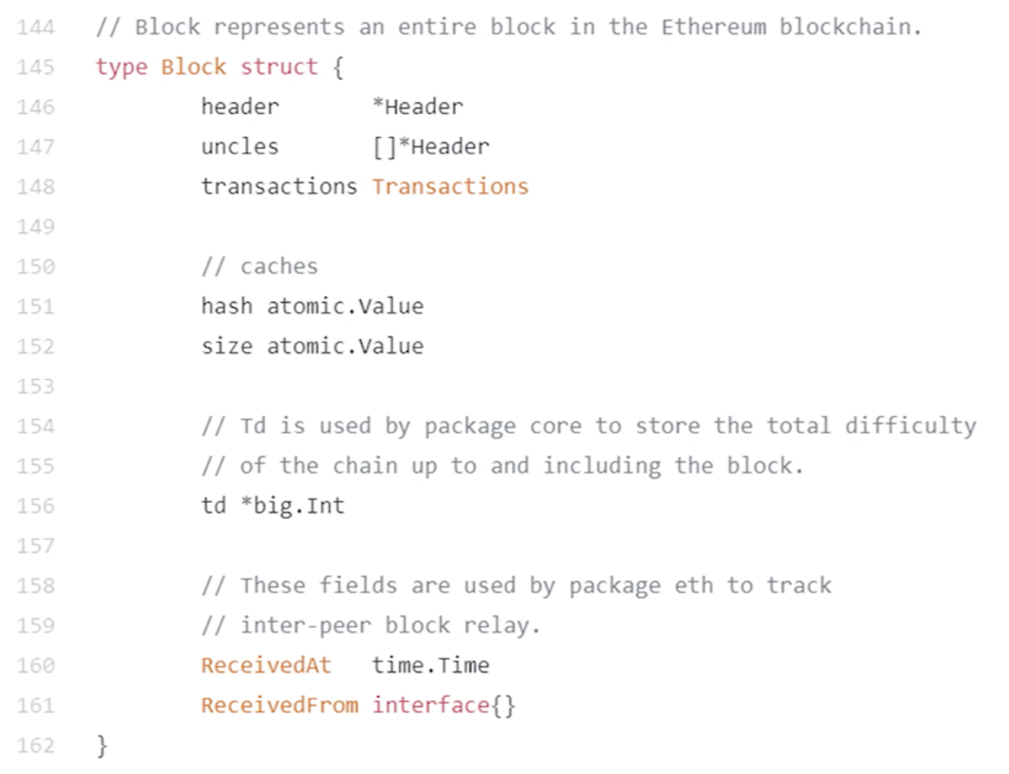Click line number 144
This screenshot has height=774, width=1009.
click(x=36, y=28)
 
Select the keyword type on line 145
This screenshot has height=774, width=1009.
click(x=121, y=67)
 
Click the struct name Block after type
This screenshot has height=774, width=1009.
click(x=193, y=67)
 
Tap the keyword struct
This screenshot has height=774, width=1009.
click(x=279, y=67)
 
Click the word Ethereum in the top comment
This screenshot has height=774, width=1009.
click(x=713, y=28)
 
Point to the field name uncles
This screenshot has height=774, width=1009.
click(x=239, y=147)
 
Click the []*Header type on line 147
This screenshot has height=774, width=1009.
click(x=431, y=147)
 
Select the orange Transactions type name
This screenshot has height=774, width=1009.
click(x=450, y=187)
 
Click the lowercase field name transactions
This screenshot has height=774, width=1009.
click(x=279, y=187)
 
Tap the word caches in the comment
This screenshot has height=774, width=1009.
click(x=279, y=267)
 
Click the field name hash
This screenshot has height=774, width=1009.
click(x=226, y=306)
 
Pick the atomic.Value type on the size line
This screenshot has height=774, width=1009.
click(x=345, y=346)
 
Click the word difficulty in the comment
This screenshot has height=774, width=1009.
click(x=910, y=426)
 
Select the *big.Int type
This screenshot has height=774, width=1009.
click(x=293, y=506)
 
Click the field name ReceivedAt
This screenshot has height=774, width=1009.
click(x=266, y=665)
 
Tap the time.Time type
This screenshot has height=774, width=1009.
click(x=431, y=665)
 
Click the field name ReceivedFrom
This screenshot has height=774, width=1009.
click(x=279, y=705)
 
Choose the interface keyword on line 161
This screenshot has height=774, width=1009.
click(x=431, y=705)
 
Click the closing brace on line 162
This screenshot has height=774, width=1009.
click(x=102, y=746)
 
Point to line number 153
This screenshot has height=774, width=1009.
click(x=36, y=386)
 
